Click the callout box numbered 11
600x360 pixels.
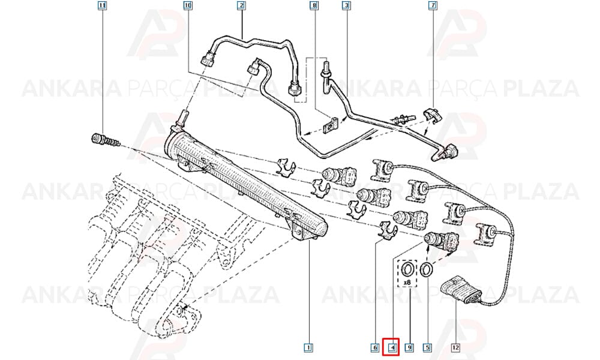pos(102,6)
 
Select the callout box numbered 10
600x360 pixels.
pos(188,6)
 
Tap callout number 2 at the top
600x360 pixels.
pos(241,6)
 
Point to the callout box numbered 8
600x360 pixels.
pos(314,6)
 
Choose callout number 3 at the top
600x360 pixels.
pos(346,6)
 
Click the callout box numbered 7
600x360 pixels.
pos(433,6)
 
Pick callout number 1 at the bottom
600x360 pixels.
pos(308,348)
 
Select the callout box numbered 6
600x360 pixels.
pos(375,348)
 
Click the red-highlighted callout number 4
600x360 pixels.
pos(392,348)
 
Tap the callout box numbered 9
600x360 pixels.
pos(409,348)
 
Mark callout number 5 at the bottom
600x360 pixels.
pos(427,348)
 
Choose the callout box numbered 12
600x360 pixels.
pos(455,348)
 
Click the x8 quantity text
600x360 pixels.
pos(407,283)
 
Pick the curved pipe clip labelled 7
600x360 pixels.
pos(433,115)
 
